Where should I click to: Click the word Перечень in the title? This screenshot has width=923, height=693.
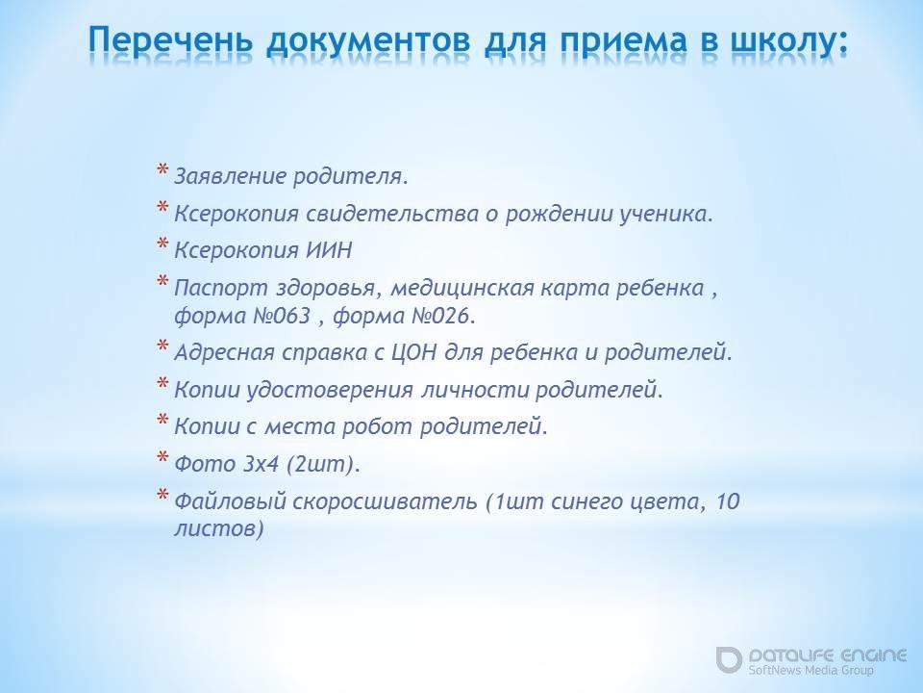click(x=171, y=41)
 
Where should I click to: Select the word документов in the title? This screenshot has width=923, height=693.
click(x=369, y=42)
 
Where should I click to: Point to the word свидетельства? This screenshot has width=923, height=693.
click(x=392, y=214)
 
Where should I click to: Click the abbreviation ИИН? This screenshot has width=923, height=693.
click(x=329, y=250)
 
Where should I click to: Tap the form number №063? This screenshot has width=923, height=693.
click(x=282, y=316)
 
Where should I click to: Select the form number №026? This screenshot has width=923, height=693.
click(x=441, y=316)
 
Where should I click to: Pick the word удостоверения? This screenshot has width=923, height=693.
click(x=329, y=390)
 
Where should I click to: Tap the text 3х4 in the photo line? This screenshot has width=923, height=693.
click(x=261, y=464)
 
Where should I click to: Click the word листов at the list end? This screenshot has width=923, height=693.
click(x=218, y=527)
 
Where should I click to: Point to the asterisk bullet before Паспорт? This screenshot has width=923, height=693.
click(x=163, y=282)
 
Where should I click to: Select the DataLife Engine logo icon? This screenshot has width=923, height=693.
click(x=729, y=659)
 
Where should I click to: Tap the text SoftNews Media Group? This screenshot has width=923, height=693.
click(x=811, y=670)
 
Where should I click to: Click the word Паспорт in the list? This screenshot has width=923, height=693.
click(x=221, y=288)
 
